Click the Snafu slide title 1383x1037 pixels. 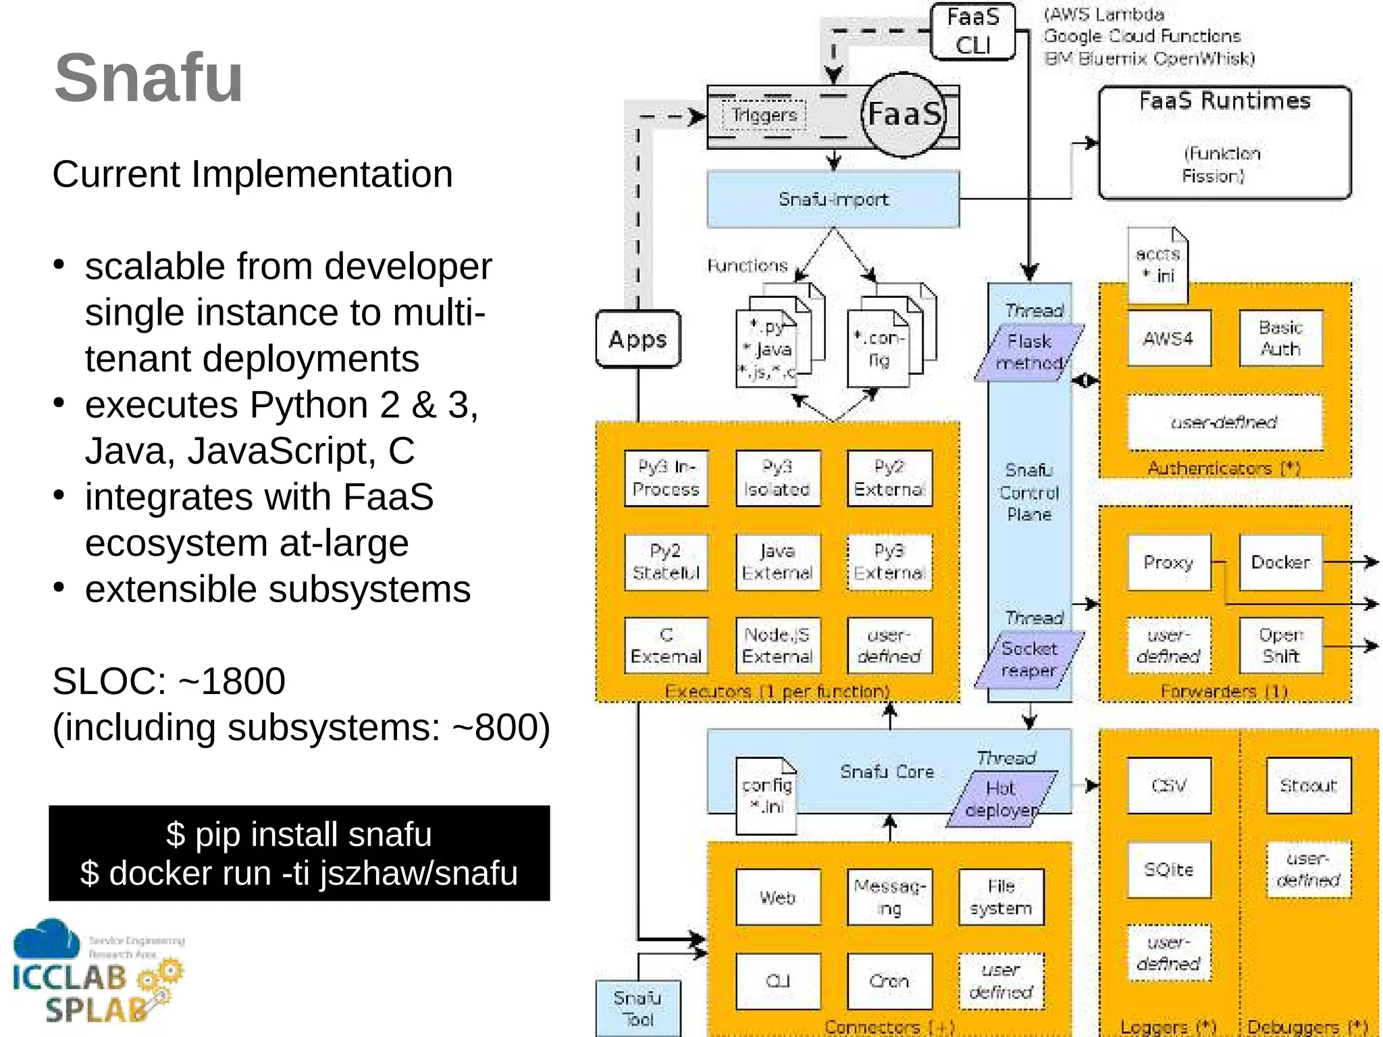point(149,78)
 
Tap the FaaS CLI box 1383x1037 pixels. point(972,31)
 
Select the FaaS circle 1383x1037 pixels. point(904,114)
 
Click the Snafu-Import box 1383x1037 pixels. point(833,199)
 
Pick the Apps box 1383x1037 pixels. point(637,339)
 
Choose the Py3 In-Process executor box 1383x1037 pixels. point(666,478)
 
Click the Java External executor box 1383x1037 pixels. point(777,562)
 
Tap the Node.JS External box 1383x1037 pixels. point(777,645)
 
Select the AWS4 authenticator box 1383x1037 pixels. point(1168,338)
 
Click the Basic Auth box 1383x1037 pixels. point(1280,338)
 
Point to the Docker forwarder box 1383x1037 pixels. point(1280,562)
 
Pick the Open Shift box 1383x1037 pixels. point(1280,645)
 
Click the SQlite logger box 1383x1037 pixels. point(1168,870)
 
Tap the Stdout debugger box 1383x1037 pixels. point(1308,785)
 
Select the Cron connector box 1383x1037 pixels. point(889,981)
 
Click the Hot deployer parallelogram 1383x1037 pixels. point(1001,799)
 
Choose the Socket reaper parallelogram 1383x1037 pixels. point(1028,660)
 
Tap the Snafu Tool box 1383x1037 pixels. point(637,1008)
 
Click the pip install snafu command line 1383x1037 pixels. point(299,834)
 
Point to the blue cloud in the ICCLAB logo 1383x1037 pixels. point(46,940)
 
